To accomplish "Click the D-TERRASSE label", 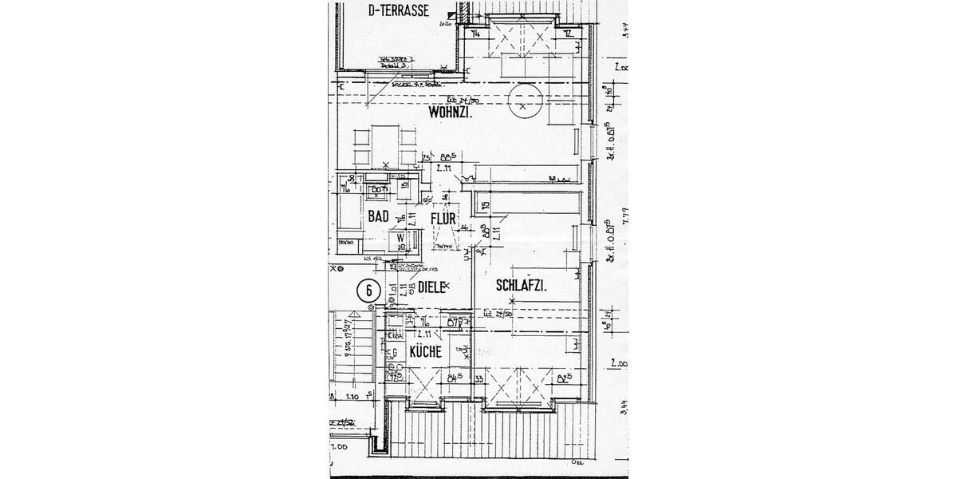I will pos(399,11).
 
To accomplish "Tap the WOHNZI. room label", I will pos(451,113).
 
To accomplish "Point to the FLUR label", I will pos(443,218).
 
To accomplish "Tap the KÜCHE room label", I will pos(425,351).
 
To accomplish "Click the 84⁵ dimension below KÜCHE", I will pos(456,378).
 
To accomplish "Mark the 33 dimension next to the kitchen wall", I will pos(480,378).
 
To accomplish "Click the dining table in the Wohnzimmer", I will pos(385,147).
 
